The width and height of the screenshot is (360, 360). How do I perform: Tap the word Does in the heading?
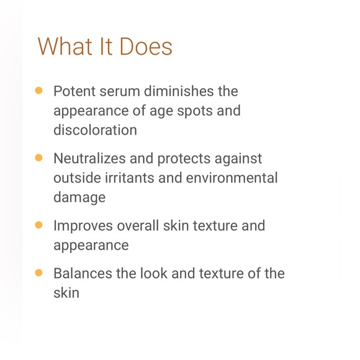coord(146,47)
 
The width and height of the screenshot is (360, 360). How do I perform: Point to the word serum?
coord(118,91)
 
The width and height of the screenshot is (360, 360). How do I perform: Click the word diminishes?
coord(178,91)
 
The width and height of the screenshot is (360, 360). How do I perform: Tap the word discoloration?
coord(95,131)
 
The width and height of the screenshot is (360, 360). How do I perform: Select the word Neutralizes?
coord(89,158)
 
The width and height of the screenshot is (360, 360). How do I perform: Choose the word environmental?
coord(233,178)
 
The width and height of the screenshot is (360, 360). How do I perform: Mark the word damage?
coord(79,198)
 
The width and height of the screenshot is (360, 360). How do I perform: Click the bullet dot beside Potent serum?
coord(38,91)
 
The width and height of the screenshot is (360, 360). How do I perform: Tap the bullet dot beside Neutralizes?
coord(38,158)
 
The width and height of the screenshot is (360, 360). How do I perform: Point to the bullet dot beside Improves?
coord(38,225)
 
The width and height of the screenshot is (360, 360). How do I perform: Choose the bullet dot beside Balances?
coord(38,272)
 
